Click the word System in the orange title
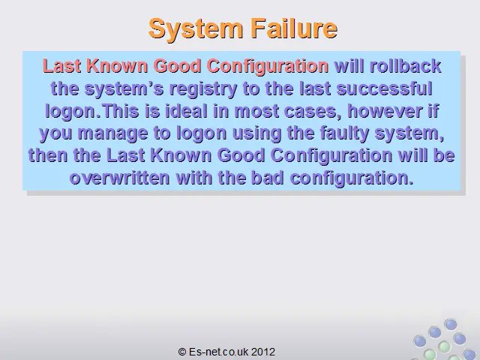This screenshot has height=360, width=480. (196, 28)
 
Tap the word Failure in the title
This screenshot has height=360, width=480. (294, 28)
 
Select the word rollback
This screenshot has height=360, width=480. (405, 66)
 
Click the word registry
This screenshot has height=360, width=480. (202, 89)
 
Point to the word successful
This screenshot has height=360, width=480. (384, 88)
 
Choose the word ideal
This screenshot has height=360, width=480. (186, 111)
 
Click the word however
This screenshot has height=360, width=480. (385, 111)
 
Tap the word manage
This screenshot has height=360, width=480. (112, 133)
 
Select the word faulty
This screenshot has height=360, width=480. (344, 133)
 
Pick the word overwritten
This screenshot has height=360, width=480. (120, 178)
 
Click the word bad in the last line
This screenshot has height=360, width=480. (267, 178)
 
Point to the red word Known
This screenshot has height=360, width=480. (117, 66)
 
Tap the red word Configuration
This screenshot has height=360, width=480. (268, 67)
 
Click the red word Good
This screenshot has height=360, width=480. (177, 66)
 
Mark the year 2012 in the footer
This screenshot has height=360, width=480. (263, 352)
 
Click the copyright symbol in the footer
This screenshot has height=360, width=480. (182, 352)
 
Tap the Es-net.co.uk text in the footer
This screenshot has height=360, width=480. (218, 352)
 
